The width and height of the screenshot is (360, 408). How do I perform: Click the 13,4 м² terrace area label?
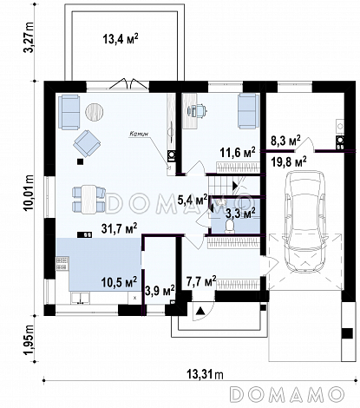[x=121, y=38]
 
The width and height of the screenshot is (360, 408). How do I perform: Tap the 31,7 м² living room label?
[x=119, y=228]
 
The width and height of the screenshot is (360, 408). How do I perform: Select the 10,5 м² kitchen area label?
[x=119, y=282]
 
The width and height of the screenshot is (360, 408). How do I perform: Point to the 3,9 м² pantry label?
[x=160, y=290]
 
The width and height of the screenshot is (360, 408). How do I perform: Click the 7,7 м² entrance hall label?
[x=201, y=281]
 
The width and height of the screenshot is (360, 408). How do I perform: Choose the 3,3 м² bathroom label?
[x=240, y=214]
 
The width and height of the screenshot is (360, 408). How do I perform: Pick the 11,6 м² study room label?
[x=238, y=152]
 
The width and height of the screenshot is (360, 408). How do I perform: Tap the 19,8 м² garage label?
[x=289, y=161]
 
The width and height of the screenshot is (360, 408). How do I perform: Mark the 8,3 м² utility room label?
[x=285, y=141]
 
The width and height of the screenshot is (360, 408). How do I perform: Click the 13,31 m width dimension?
[x=205, y=375]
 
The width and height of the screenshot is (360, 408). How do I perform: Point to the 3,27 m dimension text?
[x=29, y=36]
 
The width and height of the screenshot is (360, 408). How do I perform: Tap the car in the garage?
[x=306, y=221]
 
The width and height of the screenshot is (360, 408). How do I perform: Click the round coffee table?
[x=95, y=111]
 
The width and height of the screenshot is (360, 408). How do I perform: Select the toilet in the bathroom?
[x=230, y=226]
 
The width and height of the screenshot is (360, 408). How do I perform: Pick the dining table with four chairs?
[x=88, y=200]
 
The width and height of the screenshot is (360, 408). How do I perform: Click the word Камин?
[x=139, y=134]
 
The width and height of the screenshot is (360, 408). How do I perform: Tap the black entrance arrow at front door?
[x=200, y=312]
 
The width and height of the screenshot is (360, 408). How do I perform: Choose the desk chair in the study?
[x=198, y=110]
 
